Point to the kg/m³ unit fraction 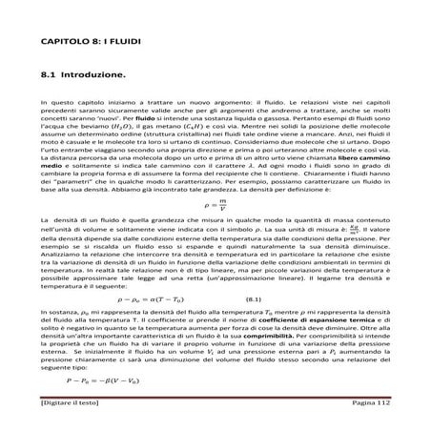(x=359, y=228)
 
